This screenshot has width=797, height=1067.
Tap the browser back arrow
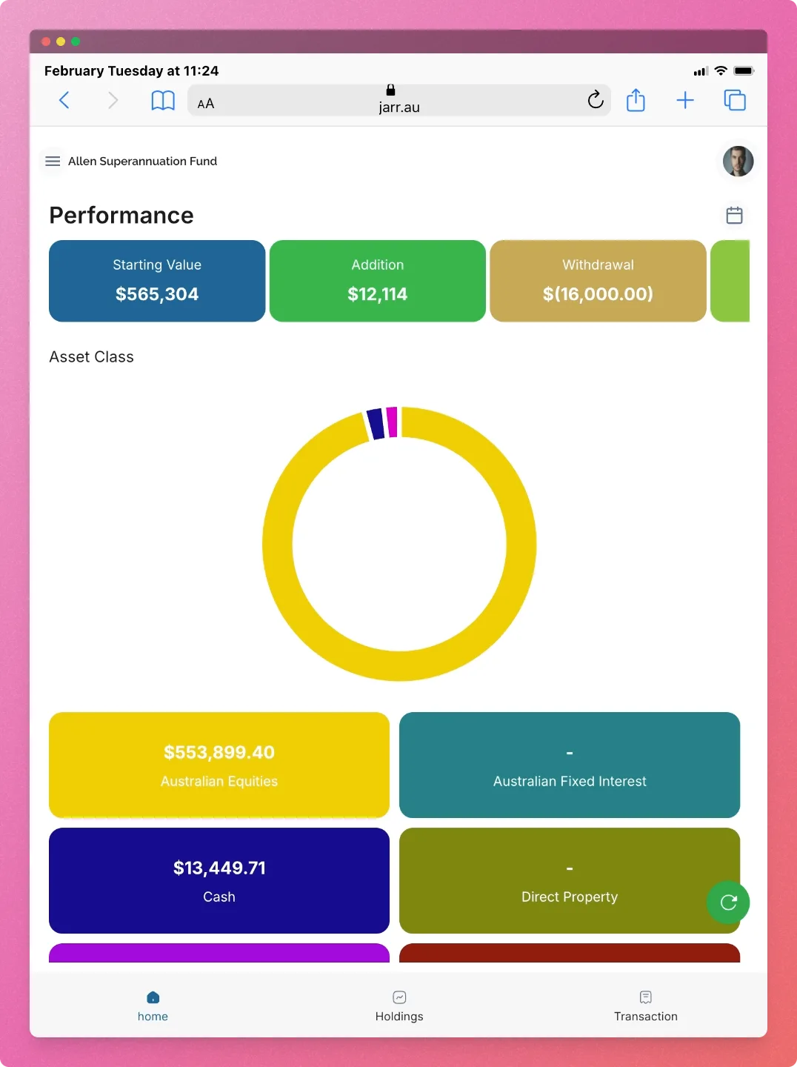(x=64, y=100)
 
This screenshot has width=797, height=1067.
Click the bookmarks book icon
(x=163, y=100)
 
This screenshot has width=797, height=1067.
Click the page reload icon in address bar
(x=596, y=100)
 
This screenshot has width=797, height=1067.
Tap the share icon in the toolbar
(x=636, y=100)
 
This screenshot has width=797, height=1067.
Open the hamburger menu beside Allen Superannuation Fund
(x=53, y=161)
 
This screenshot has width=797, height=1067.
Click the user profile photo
(x=738, y=161)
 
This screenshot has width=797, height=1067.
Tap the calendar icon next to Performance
(x=734, y=216)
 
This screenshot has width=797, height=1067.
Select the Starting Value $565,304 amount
(x=157, y=294)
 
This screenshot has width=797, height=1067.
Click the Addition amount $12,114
(x=378, y=294)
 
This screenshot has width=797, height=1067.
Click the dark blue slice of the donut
(x=376, y=424)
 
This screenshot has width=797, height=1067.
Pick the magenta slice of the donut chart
(x=392, y=422)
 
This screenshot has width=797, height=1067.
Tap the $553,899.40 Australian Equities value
(x=219, y=752)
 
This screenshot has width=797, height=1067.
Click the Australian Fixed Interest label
(x=570, y=781)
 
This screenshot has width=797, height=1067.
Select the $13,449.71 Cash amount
(x=219, y=868)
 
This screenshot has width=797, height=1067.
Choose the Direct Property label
(x=570, y=897)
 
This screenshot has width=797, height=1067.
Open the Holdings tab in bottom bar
(x=399, y=1005)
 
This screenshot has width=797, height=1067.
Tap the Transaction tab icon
(x=646, y=997)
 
